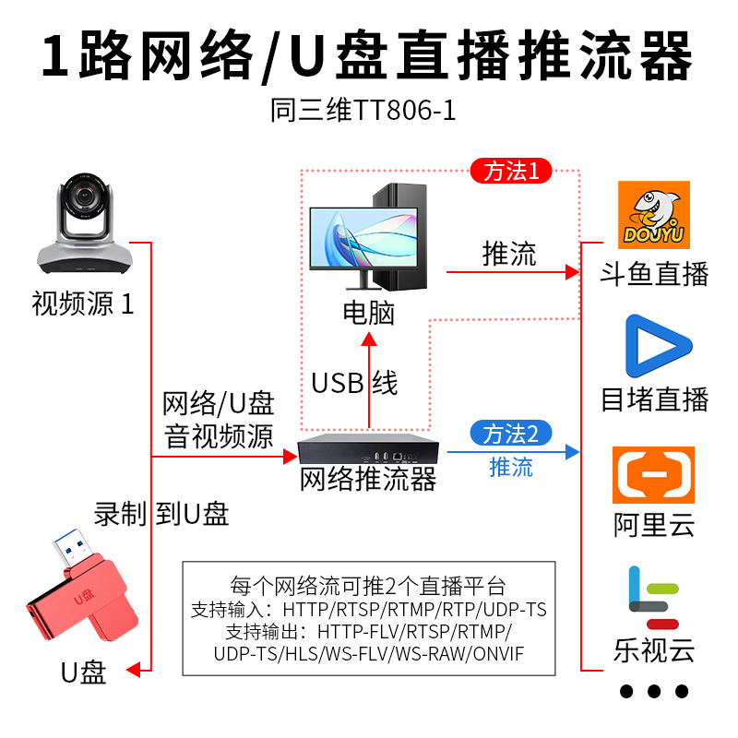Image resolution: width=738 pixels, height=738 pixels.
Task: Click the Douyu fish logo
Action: [654, 214]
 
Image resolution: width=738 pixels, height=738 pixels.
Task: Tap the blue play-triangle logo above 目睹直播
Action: [658, 347]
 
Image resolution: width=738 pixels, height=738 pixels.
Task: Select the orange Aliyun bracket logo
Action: [654, 475]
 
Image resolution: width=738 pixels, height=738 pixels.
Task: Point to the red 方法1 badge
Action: [511, 171]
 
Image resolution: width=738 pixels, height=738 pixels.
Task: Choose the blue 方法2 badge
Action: [511, 433]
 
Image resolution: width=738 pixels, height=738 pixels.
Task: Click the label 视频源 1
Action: [83, 304]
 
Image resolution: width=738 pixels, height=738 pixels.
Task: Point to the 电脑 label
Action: [369, 313]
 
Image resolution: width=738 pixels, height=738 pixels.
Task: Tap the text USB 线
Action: [354, 383]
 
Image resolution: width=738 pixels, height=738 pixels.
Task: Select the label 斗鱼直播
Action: [654, 273]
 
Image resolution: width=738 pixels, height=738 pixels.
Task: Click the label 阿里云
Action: [654, 526]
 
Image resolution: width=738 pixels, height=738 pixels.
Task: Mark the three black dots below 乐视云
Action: [654, 691]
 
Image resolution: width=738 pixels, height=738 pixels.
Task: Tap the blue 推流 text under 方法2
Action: [511, 467]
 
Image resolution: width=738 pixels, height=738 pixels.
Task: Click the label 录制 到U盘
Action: [161, 514]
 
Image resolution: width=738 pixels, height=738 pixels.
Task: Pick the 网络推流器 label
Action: [368, 480]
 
